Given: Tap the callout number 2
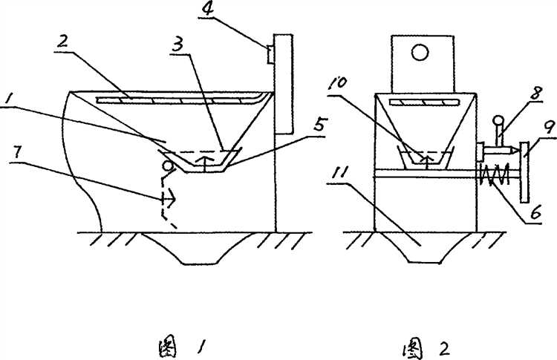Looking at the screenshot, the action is (62, 42).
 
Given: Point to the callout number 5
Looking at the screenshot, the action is (319, 124).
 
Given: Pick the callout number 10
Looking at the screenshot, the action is (340, 85).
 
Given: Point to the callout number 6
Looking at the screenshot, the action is (535, 212).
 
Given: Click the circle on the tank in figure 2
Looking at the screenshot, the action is (420, 53).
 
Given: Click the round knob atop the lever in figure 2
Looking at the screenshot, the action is (498, 121).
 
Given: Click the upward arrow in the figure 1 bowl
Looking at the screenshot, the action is (205, 164).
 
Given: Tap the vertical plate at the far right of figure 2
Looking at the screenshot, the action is (524, 172).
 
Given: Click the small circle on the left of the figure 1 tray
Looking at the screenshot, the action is (167, 165).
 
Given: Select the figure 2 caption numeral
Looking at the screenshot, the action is (443, 350).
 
